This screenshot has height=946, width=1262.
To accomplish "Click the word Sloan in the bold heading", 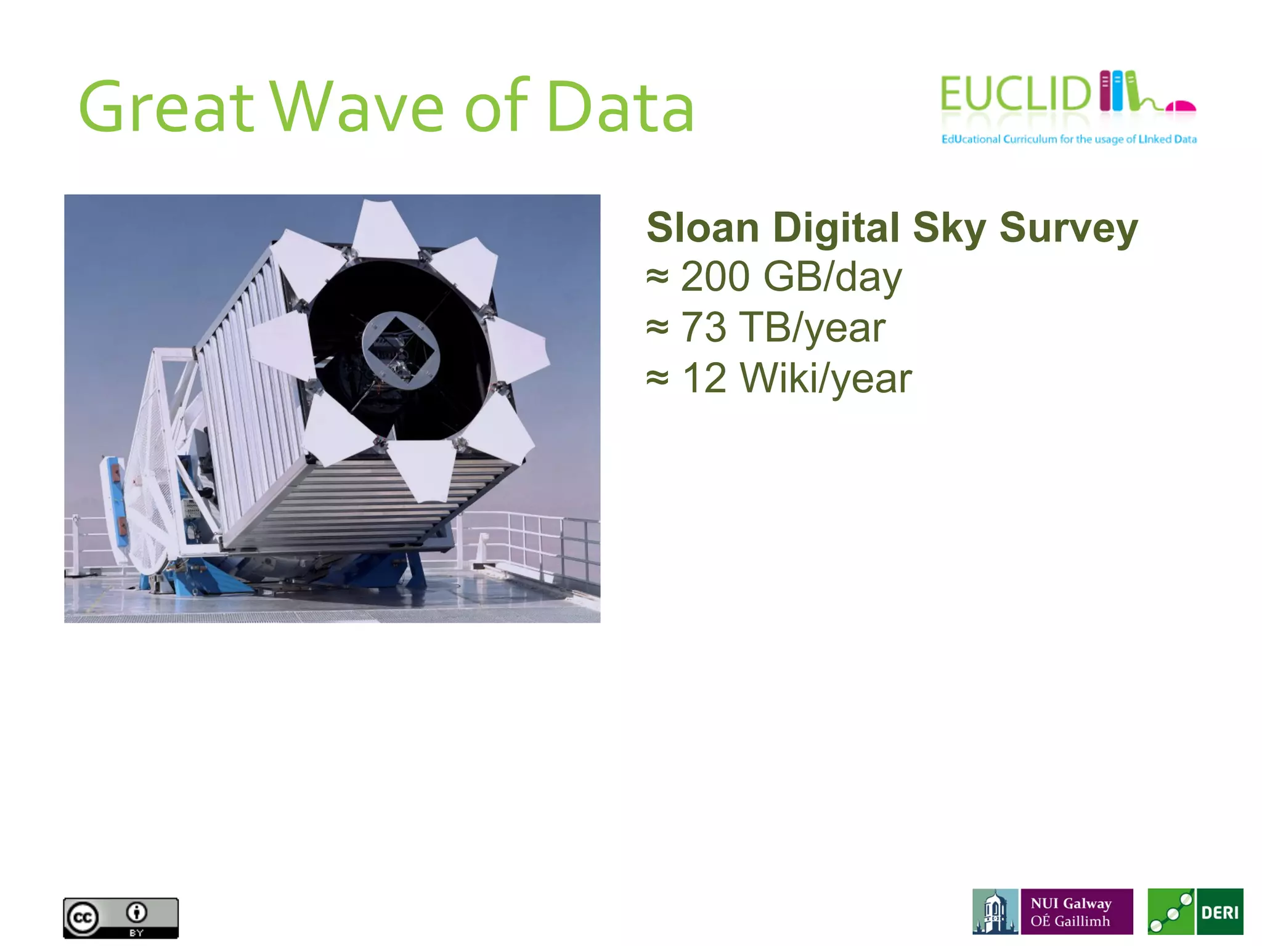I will click(702, 228).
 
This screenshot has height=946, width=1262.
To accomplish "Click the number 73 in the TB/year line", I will click(703, 327).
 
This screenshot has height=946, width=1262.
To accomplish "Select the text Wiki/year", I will click(826, 379).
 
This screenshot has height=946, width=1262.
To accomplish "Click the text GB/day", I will click(832, 278).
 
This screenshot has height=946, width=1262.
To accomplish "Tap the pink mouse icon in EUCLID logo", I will click(1180, 107).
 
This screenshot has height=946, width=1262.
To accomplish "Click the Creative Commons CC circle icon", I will click(83, 918).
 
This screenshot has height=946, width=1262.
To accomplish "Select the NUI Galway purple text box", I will click(1077, 912).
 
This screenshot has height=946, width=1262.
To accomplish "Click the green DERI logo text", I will click(1220, 912).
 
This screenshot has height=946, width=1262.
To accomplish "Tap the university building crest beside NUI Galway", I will click(995, 912).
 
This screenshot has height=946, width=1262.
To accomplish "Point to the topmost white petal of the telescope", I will click(386, 227).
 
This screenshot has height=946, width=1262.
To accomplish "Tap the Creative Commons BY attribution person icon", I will click(137, 912).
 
